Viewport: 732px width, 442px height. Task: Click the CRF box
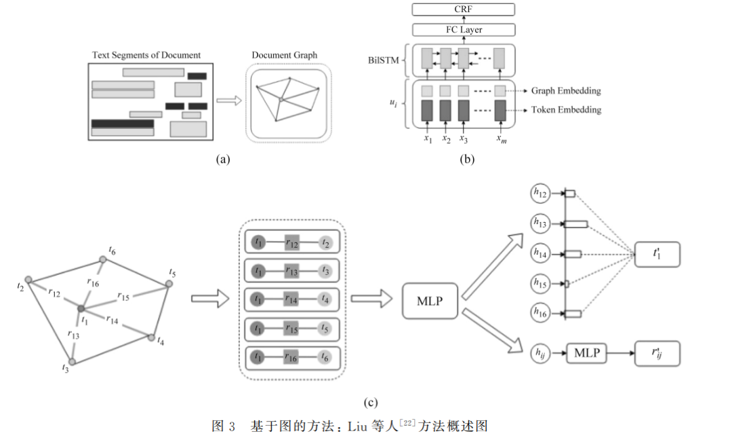click(463, 10)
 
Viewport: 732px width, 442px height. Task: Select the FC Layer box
click(464, 30)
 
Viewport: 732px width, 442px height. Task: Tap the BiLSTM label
click(383, 60)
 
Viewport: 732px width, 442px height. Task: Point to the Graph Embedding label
click(566, 91)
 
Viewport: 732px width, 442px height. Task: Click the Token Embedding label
click(566, 110)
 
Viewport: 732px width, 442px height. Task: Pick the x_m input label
click(502, 139)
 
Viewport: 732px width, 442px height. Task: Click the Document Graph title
click(284, 55)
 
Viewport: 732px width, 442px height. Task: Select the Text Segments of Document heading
click(146, 55)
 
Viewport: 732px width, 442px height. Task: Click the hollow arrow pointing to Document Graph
click(229, 100)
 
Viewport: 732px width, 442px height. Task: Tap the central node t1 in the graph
click(81, 309)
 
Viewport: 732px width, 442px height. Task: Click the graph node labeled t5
click(169, 283)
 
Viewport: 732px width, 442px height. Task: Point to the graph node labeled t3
click(72, 362)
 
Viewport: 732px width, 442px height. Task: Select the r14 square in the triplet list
click(291, 299)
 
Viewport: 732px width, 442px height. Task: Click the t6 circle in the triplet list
click(325, 357)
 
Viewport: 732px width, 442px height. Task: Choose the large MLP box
click(430, 301)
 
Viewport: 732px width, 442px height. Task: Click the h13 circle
click(540, 223)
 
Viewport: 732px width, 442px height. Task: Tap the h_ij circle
click(540, 353)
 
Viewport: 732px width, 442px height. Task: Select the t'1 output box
click(657, 255)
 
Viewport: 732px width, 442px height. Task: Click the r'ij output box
click(657, 353)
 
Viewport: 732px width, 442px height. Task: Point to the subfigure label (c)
click(370, 402)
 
